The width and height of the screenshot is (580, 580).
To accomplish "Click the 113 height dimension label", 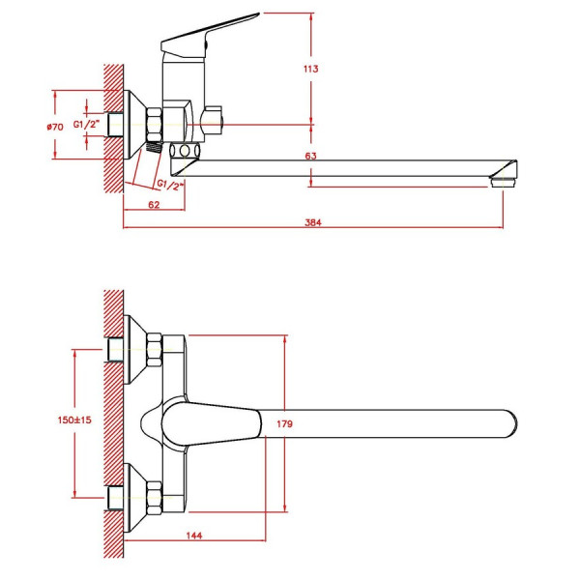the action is [310, 69].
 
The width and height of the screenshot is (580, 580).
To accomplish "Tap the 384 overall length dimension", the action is [313, 222].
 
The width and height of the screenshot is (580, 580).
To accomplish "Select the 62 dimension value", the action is [154, 205].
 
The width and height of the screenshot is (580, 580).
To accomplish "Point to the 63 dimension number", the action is [310, 156].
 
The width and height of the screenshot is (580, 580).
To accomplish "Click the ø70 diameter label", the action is [55, 127].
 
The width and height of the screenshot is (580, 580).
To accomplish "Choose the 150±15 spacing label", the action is [74, 420].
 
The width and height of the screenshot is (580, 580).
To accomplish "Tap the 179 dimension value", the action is [284, 424].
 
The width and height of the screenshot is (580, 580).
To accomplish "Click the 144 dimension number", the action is [194, 536].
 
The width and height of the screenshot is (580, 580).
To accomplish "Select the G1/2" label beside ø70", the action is [87, 125].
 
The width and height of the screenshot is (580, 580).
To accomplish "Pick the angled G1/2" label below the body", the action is [170, 185].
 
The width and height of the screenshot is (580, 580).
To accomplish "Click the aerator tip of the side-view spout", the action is [503, 183].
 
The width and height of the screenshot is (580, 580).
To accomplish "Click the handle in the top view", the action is [212, 424].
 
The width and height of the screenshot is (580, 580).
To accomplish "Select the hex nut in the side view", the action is [155, 125].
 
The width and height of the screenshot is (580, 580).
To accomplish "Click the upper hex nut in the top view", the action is [155, 350].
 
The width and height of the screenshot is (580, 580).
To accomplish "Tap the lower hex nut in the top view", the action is [155, 498].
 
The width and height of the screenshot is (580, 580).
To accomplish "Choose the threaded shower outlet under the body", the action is [155, 147].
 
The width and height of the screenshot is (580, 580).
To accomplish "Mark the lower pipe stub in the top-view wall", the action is [115, 498].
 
